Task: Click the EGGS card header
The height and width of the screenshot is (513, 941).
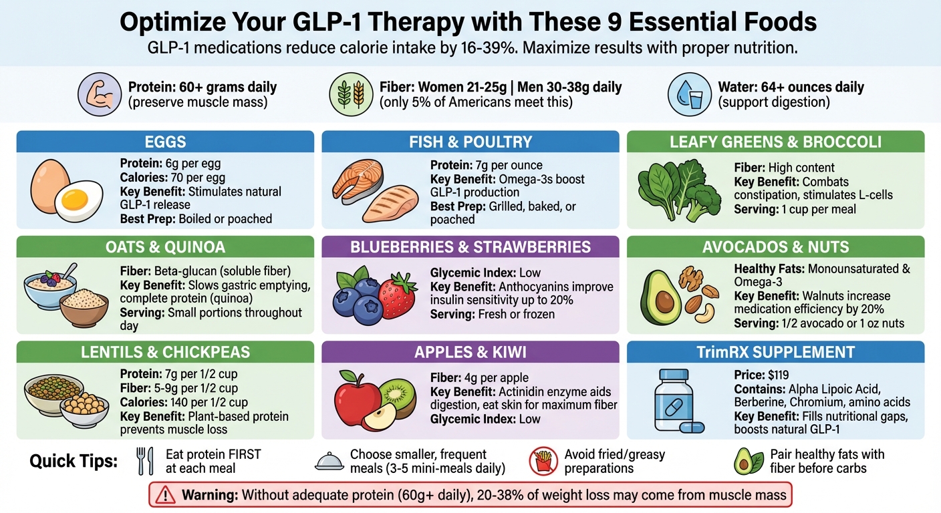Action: pyautogui.click(x=164, y=142)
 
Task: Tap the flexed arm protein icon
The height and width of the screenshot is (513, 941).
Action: pyautogui.click(x=98, y=94)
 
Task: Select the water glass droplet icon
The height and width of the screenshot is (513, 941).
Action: pyautogui.click(x=688, y=94)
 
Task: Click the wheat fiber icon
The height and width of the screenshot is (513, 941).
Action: pyautogui.click(x=351, y=94)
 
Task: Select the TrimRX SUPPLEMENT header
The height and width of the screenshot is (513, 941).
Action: pyautogui.click(x=775, y=352)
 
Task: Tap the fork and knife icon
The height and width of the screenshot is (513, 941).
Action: pyautogui.click(x=144, y=461)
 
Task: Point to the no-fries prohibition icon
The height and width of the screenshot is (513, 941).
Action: pyautogui.click(x=543, y=461)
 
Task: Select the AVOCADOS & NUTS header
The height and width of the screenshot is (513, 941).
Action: pyautogui.click(x=775, y=247)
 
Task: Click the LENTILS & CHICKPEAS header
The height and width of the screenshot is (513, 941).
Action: pyautogui.click(x=164, y=352)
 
